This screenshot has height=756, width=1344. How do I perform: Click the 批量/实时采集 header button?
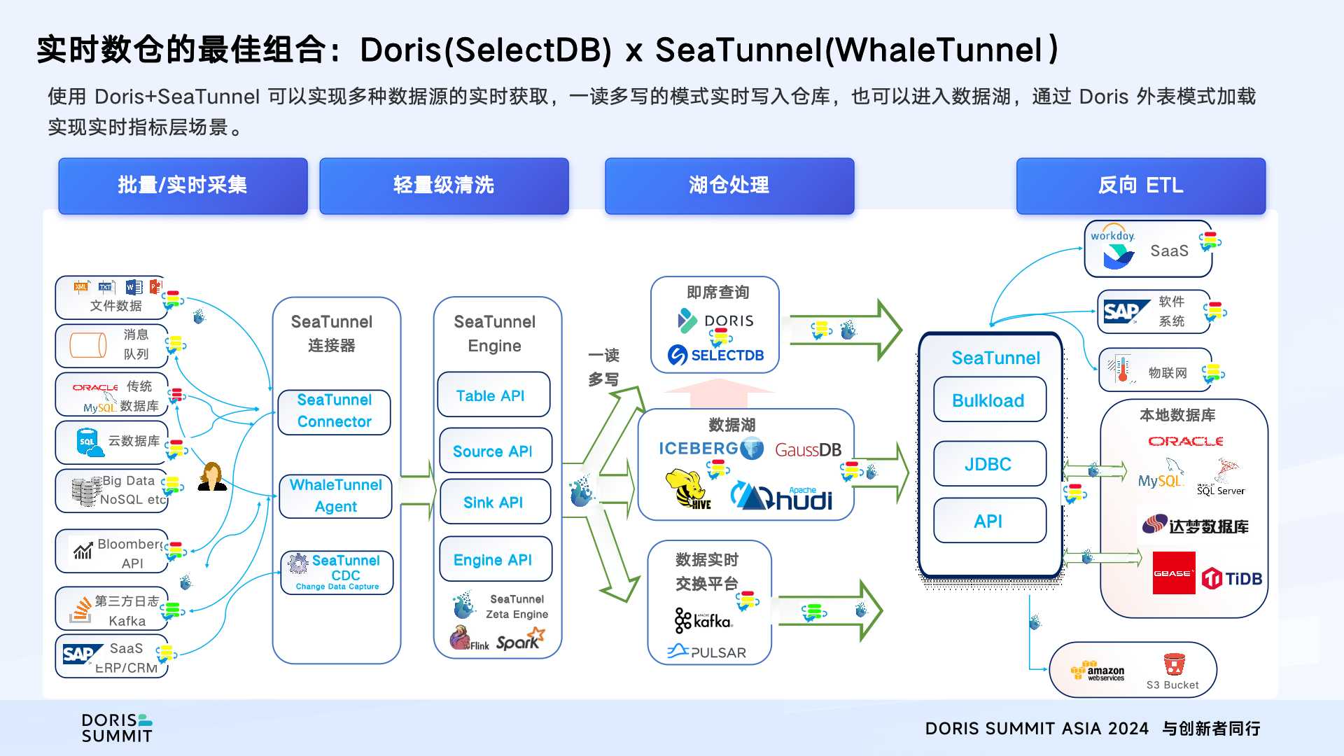pos(183,185)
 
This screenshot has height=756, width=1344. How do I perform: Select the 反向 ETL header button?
pos(1140,185)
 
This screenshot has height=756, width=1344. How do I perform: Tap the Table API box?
pos(493,395)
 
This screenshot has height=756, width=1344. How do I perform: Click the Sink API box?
pos(494,502)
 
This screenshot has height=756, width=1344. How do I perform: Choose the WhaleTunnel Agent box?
pos(335,496)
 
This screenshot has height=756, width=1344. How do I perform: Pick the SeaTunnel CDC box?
pos(337,572)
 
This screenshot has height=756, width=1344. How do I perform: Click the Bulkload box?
pos(989,400)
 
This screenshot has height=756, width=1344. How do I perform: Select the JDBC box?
pos(989,463)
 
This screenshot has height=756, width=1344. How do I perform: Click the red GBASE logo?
pos(1173,573)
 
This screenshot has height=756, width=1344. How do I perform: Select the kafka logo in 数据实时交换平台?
pos(703,619)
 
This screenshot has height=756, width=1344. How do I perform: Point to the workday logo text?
pos(1112,236)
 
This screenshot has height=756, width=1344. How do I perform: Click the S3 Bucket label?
pos(1172,685)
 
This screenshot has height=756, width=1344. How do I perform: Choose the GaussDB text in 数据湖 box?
pos(808,450)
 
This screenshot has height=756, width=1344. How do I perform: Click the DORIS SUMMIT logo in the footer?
pos(117,728)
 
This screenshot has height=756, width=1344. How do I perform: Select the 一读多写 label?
pos(603,367)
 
